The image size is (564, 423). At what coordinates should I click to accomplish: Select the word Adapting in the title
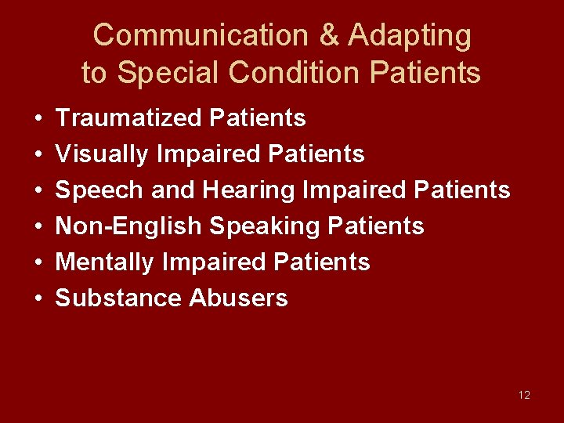(410, 35)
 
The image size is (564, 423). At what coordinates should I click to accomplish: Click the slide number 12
(524, 395)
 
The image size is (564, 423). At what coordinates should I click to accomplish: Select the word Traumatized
(130, 118)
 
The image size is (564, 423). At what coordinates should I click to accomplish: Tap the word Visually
(103, 154)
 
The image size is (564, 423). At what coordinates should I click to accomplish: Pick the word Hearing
(248, 190)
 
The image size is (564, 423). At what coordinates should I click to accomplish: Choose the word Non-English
(129, 226)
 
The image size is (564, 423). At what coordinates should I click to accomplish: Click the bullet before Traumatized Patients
(38, 119)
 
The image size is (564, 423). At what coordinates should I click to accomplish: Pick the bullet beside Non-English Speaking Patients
(38, 227)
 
